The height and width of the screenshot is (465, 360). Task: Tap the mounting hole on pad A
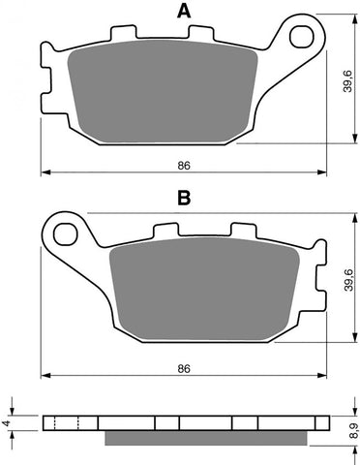(x=307, y=38)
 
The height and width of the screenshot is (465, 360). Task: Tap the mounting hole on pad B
(x=67, y=232)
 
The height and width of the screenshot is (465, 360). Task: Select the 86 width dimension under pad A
(x=184, y=166)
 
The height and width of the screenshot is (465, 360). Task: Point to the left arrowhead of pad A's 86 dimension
(x=44, y=174)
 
